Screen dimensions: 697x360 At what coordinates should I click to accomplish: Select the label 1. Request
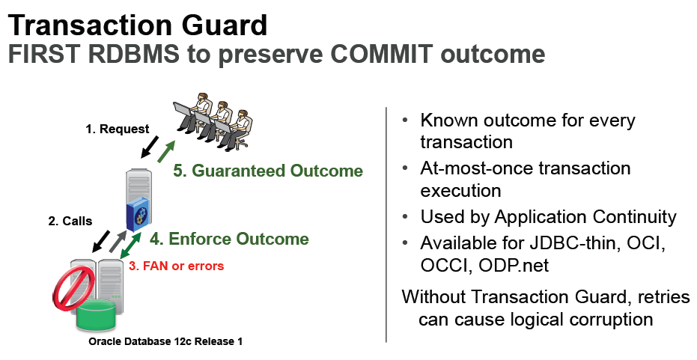[x=118, y=129]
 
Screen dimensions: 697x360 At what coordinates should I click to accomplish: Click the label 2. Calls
[x=70, y=221]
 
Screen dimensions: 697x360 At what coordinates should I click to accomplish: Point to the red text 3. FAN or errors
[x=177, y=266]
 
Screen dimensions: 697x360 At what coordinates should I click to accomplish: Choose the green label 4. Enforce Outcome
[x=229, y=239]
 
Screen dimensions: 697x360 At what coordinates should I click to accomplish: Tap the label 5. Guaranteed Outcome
[x=268, y=171]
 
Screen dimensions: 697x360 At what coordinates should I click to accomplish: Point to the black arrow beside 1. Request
[x=149, y=147]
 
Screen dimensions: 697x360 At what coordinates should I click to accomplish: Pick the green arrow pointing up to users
[x=165, y=151]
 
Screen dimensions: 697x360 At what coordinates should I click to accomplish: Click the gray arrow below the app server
[x=118, y=242]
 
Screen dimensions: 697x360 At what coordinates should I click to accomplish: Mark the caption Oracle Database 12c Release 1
[x=165, y=341]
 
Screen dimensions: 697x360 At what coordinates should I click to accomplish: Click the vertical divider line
[x=386, y=225]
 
